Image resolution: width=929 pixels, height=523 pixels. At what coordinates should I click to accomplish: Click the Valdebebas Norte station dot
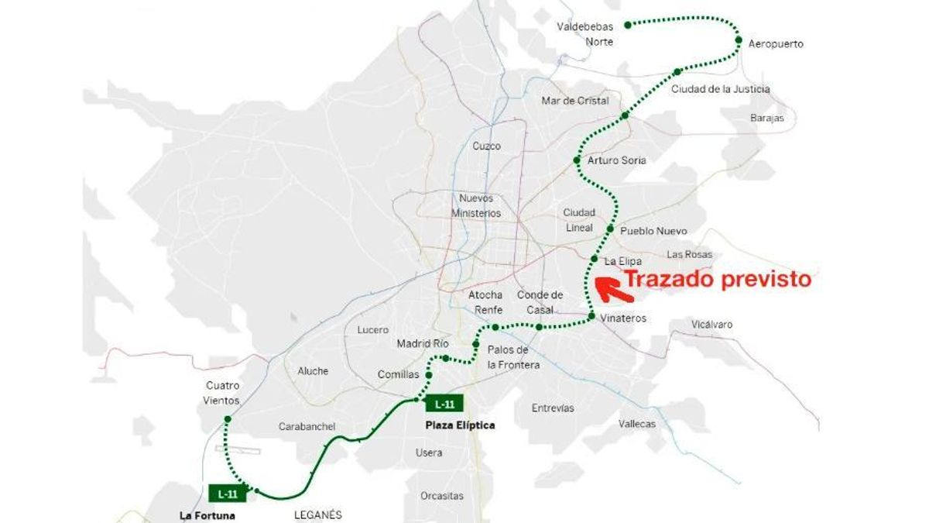(x=627, y=25)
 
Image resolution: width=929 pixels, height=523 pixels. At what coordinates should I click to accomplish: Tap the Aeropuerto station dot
(x=739, y=40)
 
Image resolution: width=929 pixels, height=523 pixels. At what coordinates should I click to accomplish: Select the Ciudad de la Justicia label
(x=720, y=89)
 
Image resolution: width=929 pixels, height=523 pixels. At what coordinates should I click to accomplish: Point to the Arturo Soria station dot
(x=576, y=160)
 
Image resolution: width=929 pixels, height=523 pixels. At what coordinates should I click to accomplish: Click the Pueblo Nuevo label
(x=653, y=231)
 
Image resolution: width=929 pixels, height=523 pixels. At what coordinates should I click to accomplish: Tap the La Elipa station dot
(x=594, y=258)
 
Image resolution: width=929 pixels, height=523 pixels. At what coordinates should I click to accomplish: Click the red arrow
(x=615, y=288)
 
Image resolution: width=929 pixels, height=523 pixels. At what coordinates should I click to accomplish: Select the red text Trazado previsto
(x=718, y=279)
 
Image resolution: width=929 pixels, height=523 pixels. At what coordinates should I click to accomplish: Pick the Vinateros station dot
(x=591, y=316)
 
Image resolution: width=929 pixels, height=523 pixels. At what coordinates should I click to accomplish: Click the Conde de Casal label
(x=540, y=302)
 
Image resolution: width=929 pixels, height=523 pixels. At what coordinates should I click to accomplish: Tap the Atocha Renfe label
(x=485, y=302)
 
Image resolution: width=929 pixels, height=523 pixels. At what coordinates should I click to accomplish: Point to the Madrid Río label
(x=423, y=343)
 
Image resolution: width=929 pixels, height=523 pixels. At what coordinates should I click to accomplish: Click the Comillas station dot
(x=428, y=375)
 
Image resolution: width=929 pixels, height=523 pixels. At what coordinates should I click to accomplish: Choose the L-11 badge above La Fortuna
(x=228, y=493)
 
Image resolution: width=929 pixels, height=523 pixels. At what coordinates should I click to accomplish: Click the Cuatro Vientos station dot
(x=228, y=419)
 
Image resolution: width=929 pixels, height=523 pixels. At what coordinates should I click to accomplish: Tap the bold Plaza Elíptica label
(x=460, y=425)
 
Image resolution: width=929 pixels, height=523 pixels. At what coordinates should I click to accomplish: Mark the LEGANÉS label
(x=317, y=514)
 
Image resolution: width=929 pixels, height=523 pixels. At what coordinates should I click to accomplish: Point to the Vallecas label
(x=637, y=424)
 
